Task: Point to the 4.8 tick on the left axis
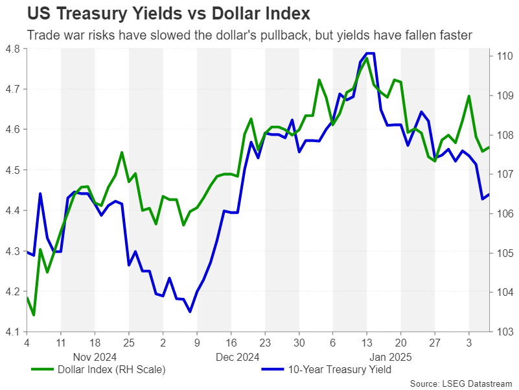click(x=12, y=48)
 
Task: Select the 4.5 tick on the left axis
click(x=12, y=170)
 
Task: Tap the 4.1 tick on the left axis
click(x=12, y=332)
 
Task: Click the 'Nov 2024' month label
click(x=94, y=356)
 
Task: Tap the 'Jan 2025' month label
click(x=391, y=356)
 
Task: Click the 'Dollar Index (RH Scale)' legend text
click(x=111, y=370)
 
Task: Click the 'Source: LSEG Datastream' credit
click(x=461, y=383)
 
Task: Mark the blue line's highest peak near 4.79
click(x=370, y=53)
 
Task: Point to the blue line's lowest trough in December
click(x=190, y=311)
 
